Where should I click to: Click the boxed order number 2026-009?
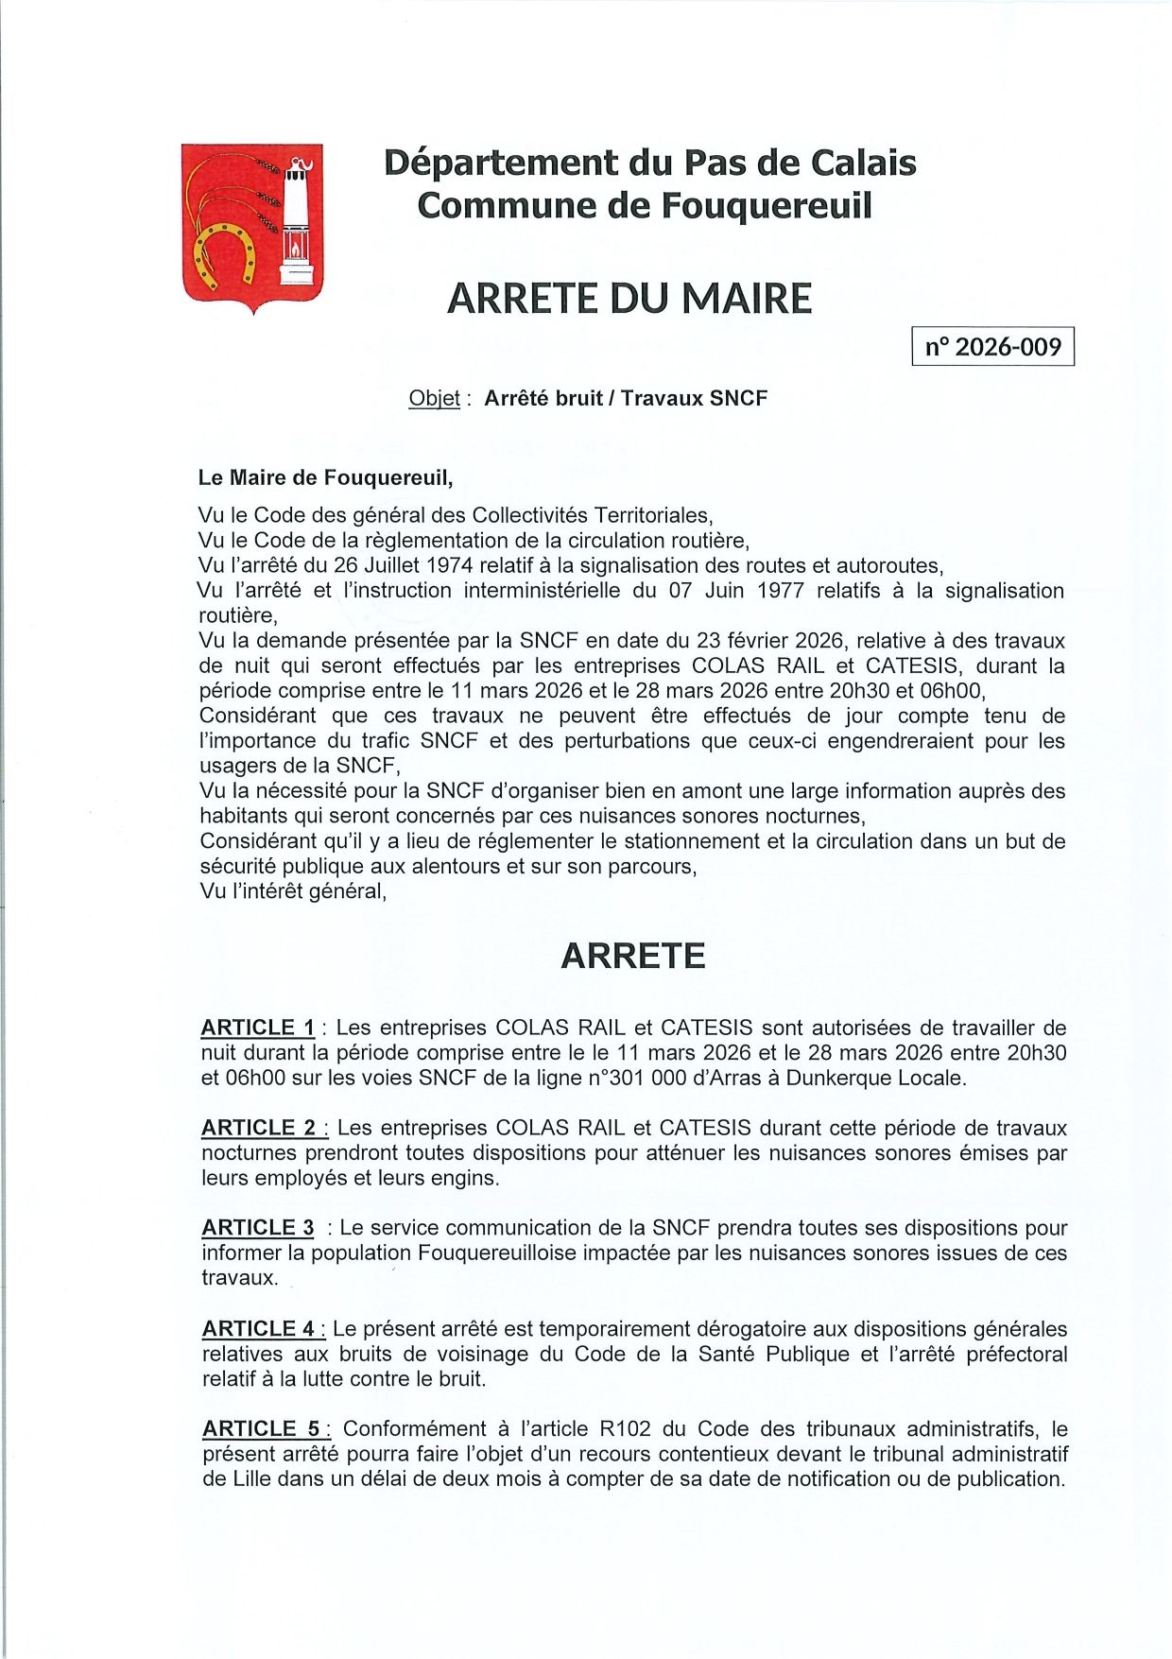[x=992, y=347]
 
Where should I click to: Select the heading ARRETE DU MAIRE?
[x=629, y=299]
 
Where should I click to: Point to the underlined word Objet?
[x=434, y=398]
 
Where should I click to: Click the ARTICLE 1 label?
[x=258, y=1028]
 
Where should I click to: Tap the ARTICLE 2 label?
[x=259, y=1128]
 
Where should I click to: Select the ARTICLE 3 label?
[x=258, y=1228]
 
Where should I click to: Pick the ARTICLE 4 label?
[x=259, y=1328]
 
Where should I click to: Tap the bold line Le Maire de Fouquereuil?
[x=325, y=478]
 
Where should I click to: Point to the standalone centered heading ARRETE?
[x=632, y=956]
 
